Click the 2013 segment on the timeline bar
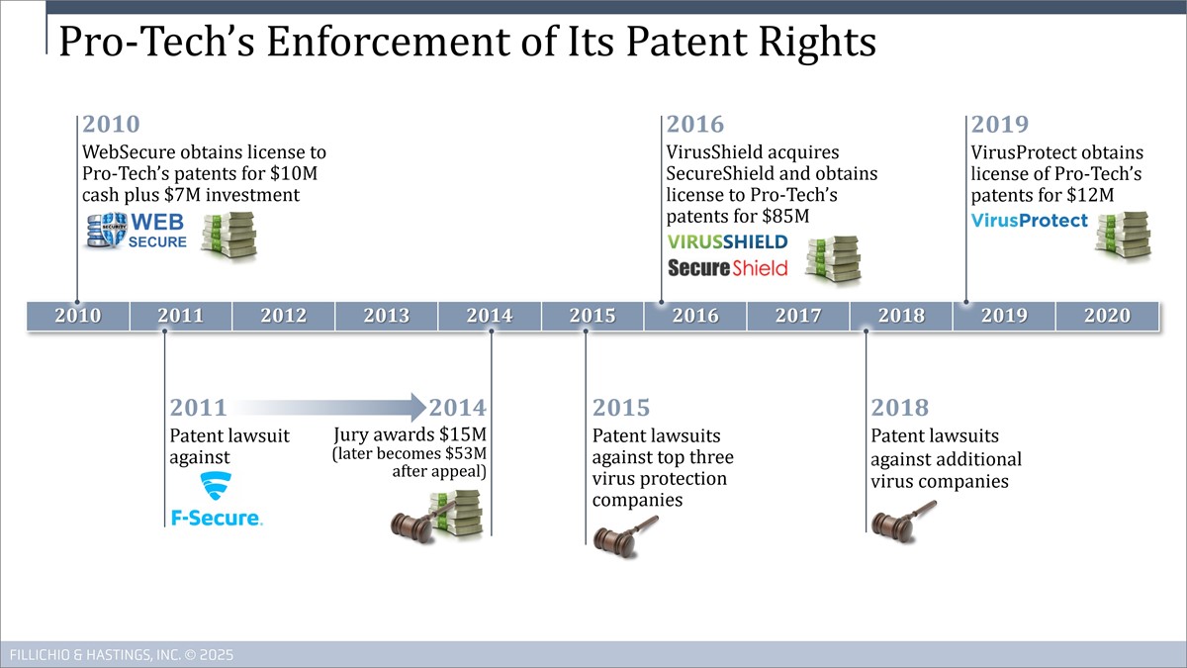(387, 316)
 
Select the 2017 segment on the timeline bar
(798, 316)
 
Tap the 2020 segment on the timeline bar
(1107, 316)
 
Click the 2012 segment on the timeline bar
(284, 316)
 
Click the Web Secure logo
(137, 230)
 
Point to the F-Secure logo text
(217, 518)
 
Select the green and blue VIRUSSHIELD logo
(728, 241)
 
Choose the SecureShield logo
(728, 268)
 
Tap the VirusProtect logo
(1029, 221)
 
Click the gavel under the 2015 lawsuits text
(625, 537)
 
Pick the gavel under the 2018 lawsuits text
(903, 522)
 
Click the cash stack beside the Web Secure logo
(228, 235)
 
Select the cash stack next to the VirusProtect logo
(1124, 235)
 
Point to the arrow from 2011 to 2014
(329, 407)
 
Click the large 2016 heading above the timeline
(694, 124)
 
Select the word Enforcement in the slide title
(388, 42)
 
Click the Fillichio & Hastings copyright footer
(122, 655)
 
